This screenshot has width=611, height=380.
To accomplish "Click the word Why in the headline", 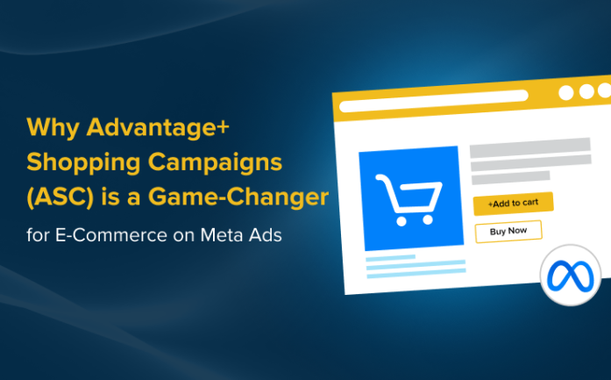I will (x=53, y=127).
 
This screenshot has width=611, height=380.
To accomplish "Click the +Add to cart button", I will (x=513, y=203).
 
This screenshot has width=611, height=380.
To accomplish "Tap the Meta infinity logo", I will (x=570, y=275).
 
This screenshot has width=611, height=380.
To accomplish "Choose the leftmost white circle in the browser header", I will (x=565, y=92).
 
